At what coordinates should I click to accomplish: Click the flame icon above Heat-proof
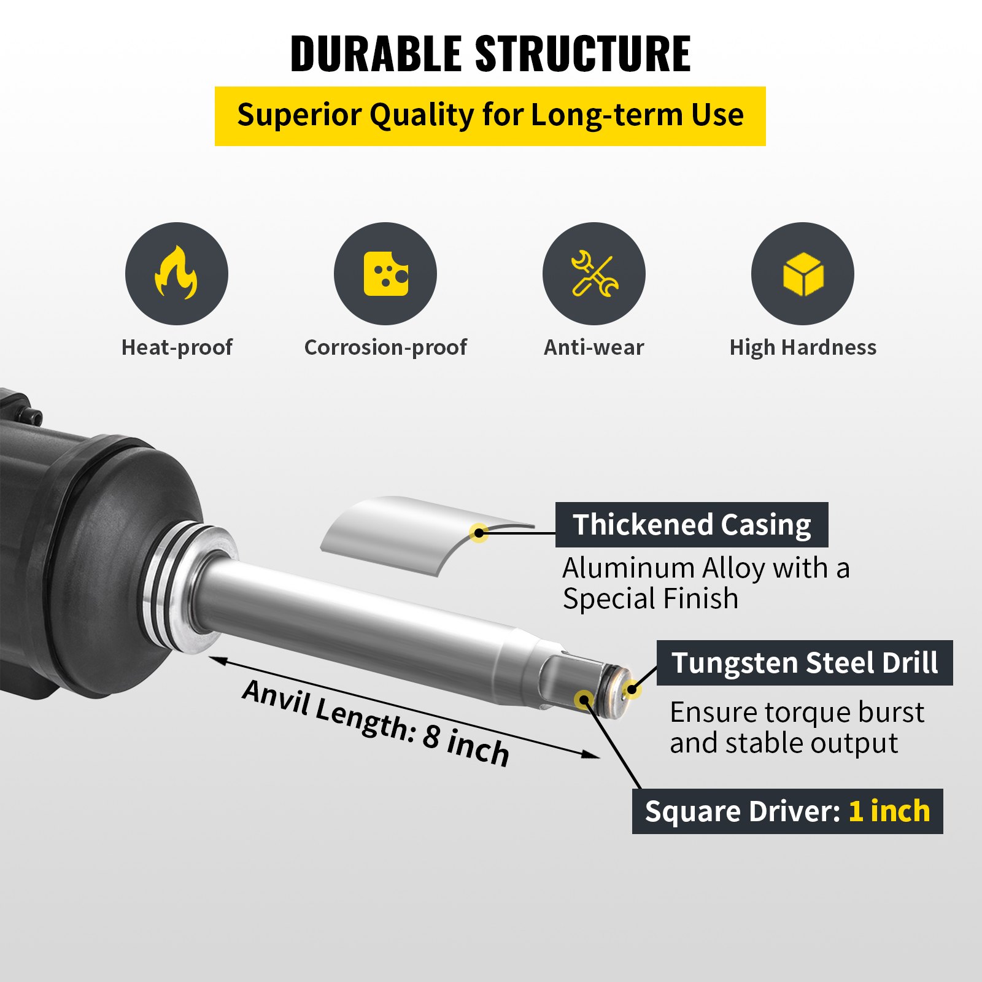[x=176, y=273]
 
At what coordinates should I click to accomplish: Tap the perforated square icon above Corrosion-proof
[x=385, y=273]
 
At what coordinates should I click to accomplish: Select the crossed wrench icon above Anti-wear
[x=594, y=273]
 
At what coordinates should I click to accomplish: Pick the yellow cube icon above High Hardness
[x=803, y=273]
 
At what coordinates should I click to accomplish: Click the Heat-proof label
[x=177, y=347]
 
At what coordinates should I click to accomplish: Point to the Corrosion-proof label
[x=385, y=347]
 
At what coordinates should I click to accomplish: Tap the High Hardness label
[x=803, y=347]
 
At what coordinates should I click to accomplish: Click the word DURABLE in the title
[x=376, y=54]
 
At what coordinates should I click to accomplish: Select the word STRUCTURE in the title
[x=583, y=54]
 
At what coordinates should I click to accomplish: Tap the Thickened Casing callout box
[x=692, y=525]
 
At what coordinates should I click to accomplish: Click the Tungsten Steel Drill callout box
[x=805, y=663]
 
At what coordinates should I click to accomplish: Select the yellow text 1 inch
[x=889, y=811]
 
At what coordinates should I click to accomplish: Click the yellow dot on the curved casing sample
[x=479, y=533]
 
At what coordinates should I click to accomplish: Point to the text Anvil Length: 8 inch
[x=376, y=723]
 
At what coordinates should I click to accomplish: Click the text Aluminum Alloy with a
[x=706, y=568]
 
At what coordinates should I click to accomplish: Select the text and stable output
[x=784, y=743]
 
